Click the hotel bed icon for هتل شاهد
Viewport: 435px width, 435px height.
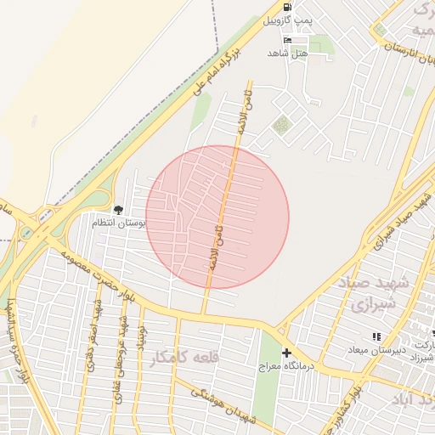click(x=287, y=40)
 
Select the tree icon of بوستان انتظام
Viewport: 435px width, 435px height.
click(x=118, y=210)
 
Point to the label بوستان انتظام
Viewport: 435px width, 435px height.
click(x=119, y=223)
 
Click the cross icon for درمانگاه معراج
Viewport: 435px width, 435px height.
click(x=286, y=353)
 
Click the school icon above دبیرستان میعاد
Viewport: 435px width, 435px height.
click(x=376, y=337)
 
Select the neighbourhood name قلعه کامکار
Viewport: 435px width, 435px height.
click(x=184, y=359)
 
